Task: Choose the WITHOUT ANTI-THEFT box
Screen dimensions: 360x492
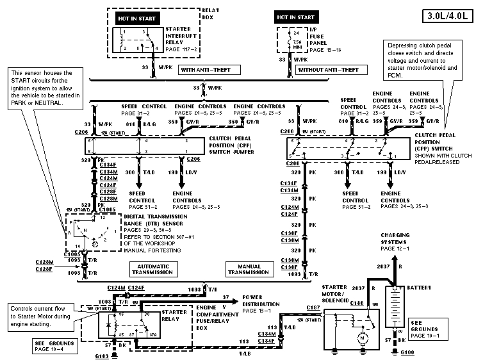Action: tap(328, 69)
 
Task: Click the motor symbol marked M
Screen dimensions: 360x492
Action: tap(362, 337)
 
